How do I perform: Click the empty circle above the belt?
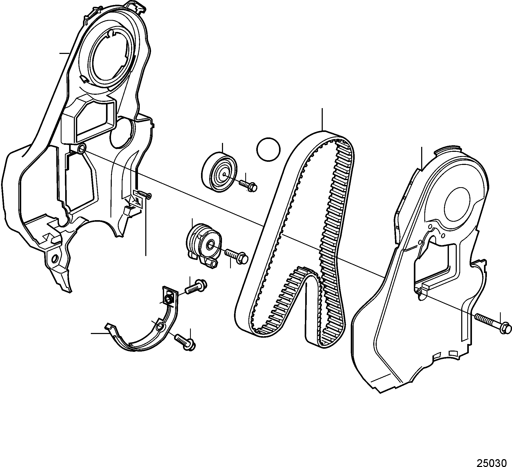click(269, 149)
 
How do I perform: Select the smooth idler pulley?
click(219, 173)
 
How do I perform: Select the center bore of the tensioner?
click(210, 245)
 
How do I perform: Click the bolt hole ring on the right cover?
click(419, 291)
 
